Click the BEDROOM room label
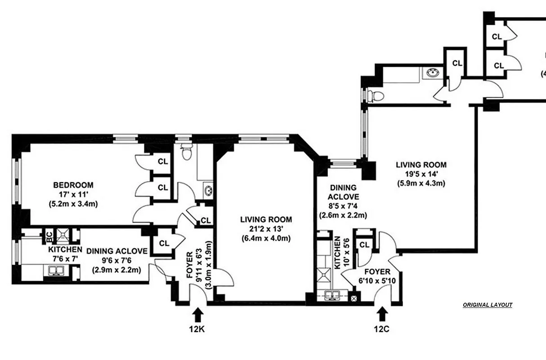point(73,185)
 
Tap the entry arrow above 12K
point(198,314)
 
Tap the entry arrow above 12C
point(383,314)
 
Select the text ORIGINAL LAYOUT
point(488,305)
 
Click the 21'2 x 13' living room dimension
point(266,229)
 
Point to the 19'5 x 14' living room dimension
point(421,174)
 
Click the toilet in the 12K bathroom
point(185,153)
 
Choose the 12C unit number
point(381,328)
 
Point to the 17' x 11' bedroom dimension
point(73,194)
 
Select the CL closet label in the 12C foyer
point(364,245)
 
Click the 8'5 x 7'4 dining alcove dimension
point(343,206)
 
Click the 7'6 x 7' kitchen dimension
point(65,258)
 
